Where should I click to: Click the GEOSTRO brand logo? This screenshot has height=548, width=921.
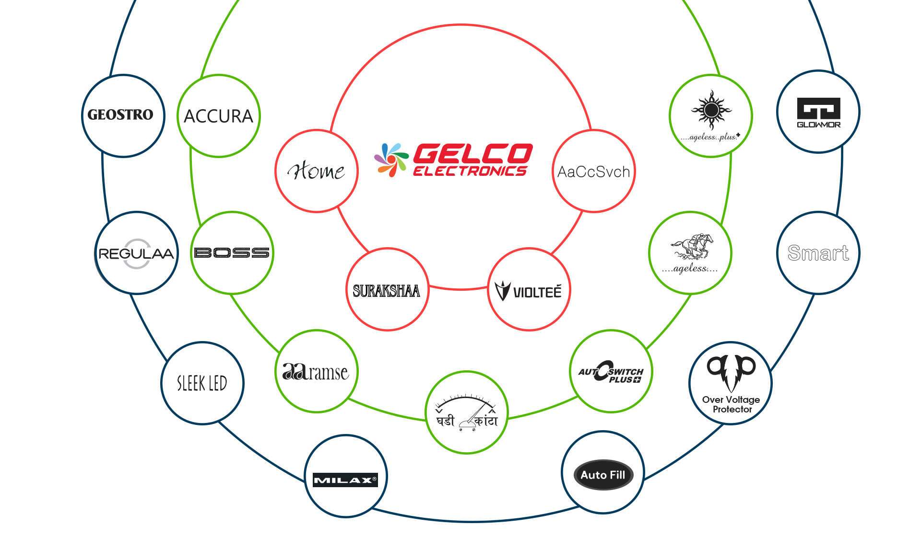coord(120,115)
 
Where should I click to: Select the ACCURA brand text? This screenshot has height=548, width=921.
coord(218,116)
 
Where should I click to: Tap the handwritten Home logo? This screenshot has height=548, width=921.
coord(316,171)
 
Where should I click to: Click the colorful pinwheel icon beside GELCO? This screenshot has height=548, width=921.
coord(391,160)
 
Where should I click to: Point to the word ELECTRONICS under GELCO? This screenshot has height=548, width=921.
coord(470,171)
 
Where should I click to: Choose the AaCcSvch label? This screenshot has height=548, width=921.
coord(593,171)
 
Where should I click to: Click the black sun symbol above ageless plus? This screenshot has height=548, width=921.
coord(711,110)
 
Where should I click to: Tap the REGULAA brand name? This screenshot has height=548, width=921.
coord(136,253)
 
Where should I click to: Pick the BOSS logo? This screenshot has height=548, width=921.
coord(232,252)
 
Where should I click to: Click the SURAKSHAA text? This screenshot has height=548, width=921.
coord(386,291)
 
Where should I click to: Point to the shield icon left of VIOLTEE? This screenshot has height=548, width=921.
coord(502,290)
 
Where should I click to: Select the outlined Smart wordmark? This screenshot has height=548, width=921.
coord(818,253)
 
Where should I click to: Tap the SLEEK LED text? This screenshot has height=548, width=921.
coord(202,383)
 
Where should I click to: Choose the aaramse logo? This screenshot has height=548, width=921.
coord(315,372)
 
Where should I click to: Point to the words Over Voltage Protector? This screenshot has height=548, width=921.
coord(731,404)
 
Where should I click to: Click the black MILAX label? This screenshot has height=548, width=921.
coord(345,480)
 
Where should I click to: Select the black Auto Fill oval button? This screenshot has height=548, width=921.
coord(603,475)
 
